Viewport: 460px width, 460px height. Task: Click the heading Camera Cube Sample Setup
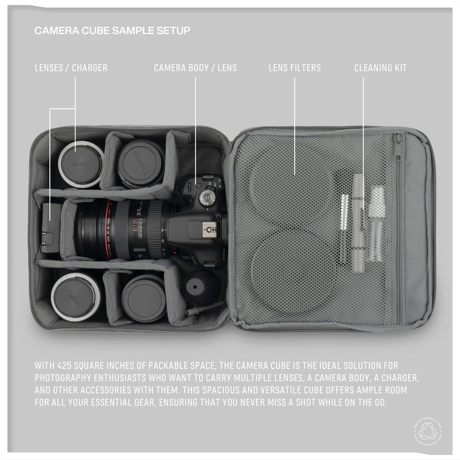(x=112, y=31)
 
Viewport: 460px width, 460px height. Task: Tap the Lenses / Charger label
(x=71, y=68)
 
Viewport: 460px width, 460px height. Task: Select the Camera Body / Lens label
(x=195, y=68)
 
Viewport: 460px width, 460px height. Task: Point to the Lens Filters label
(x=295, y=68)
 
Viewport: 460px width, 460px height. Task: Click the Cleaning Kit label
(x=380, y=68)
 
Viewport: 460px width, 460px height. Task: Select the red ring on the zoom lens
(x=109, y=229)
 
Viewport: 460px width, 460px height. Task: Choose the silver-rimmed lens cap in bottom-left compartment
(x=75, y=296)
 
